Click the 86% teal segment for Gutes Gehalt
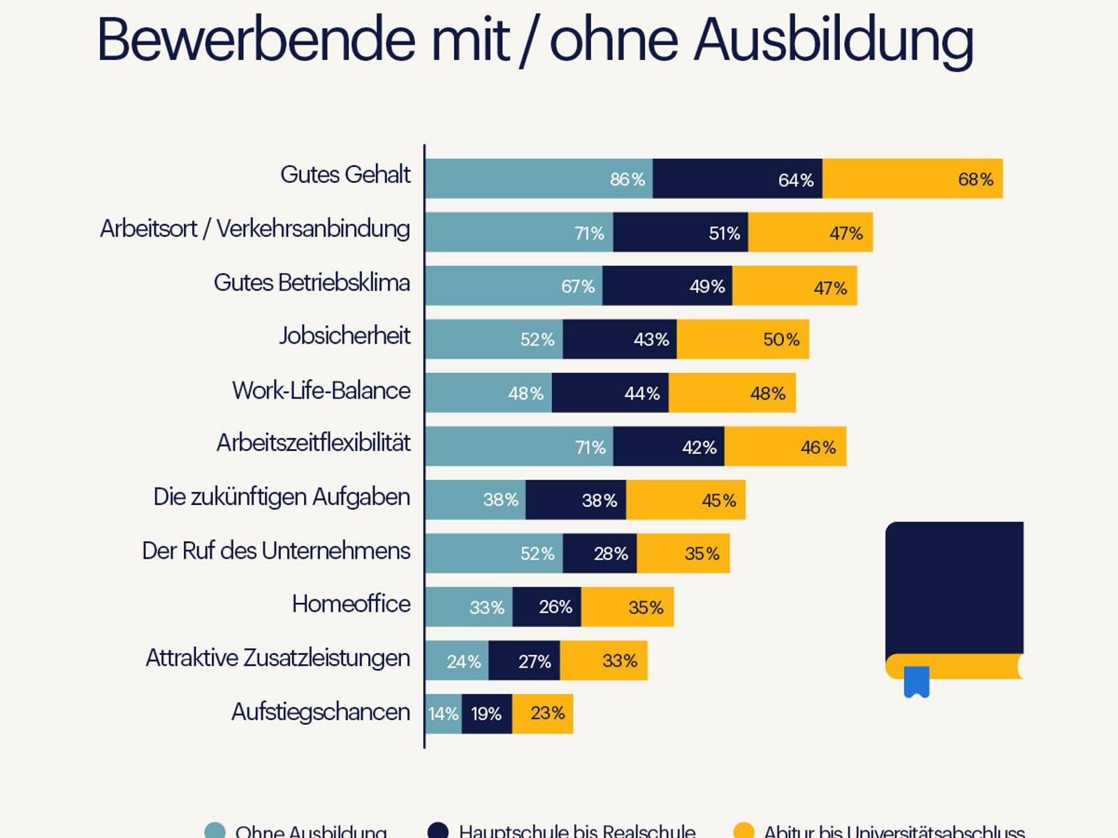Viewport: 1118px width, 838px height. [x=539, y=179]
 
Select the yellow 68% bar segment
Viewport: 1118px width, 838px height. [x=913, y=179]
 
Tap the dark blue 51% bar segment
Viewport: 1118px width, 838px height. [x=681, y=233]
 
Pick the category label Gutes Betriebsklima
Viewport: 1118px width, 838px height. [x=312, y=283]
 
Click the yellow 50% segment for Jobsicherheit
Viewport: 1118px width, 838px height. [x=743, y=339]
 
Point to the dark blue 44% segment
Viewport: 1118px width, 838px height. [x=610, y=393]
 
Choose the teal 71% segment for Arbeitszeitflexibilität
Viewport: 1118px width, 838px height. [x=519, y=447]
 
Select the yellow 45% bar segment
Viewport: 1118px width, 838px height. [x=685, y=500]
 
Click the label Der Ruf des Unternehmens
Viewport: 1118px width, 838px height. [x=276, y=551]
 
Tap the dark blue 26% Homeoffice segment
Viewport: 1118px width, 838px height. [x=546, y=607]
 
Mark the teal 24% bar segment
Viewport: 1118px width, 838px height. [x=457, y=661]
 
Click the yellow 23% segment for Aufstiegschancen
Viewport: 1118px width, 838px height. [x=542, y=714]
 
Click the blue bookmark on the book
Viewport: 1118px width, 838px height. [x=916, y=682]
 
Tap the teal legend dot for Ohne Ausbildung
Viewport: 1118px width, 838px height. [x=215, y=831]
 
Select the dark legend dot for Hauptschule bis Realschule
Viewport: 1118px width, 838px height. [x=437, y=831]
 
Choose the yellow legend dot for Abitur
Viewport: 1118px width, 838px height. [x=743, y=831]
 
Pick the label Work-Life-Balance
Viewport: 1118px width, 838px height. [x=321, y=390]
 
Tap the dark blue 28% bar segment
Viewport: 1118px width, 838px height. [x=600, y=554]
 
